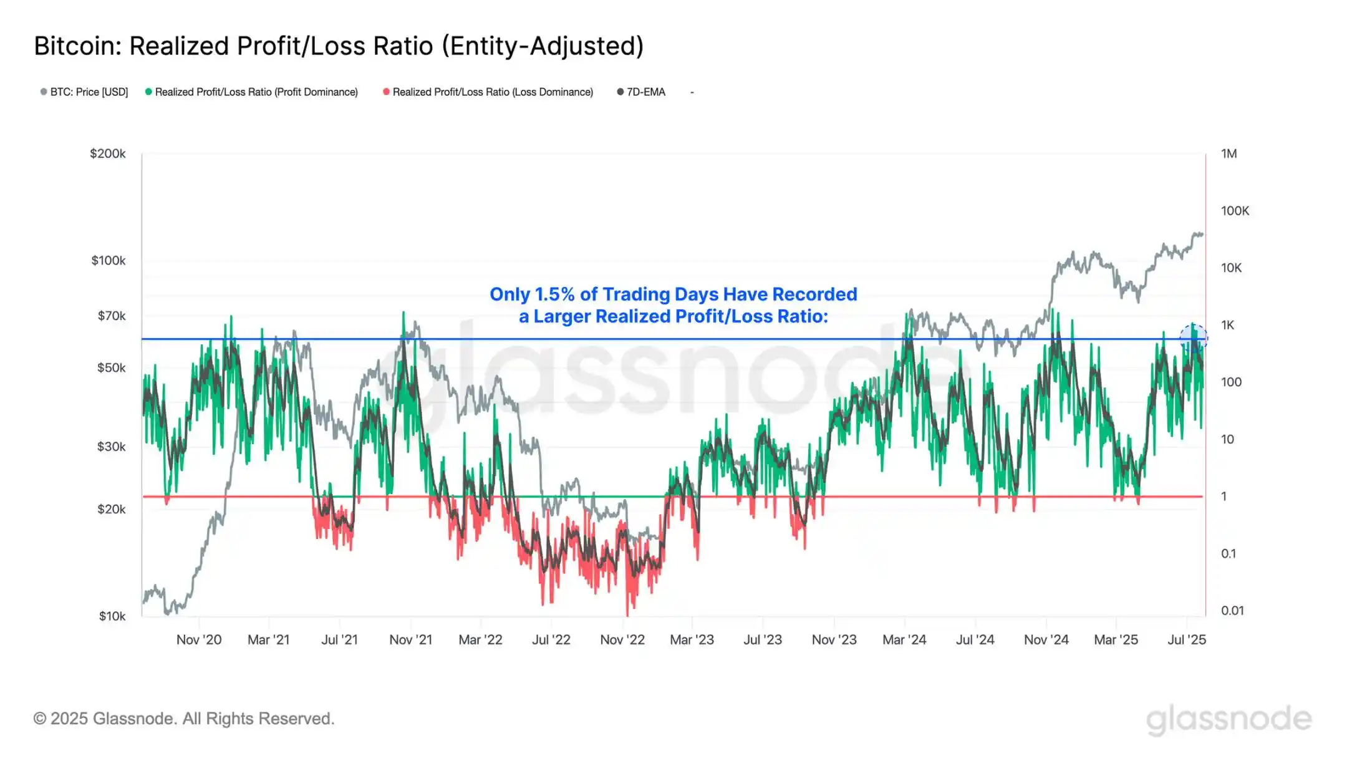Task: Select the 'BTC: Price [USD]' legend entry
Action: click(89, 92)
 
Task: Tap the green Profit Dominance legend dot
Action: click(148, 92)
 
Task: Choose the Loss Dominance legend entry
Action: click(492, 92)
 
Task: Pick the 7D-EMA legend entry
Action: click(645, 92)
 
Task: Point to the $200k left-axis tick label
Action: click(108, 153)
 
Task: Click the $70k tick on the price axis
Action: click(112, 316)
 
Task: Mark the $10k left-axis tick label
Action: click(112, 616)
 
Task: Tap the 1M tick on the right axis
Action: click(1229, 153)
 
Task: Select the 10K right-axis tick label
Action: click(1231, 268)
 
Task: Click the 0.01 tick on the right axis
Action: click(1232, 611)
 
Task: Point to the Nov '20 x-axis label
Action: click(199, 639)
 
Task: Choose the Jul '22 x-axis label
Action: click(551, 639)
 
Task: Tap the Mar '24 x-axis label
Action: click(904, 639)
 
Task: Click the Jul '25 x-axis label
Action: click(1187, 639)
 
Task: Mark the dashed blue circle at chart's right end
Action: click(1194, 339)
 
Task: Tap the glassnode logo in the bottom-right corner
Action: click(1229, 719)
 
